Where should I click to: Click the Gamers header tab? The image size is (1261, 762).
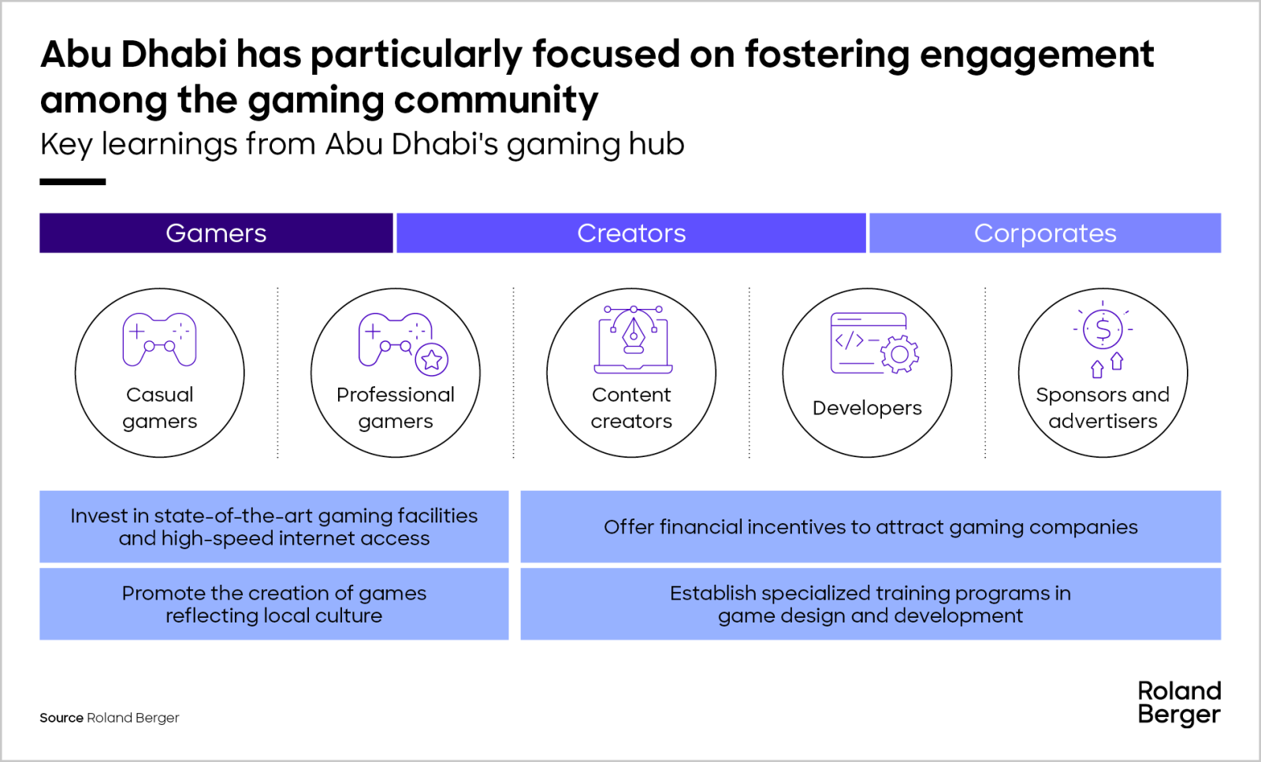coord(216,233)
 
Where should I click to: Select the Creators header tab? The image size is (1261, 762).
coord(631,233)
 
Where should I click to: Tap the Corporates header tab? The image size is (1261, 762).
coord(1045,233)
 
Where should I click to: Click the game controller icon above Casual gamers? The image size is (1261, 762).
coord(159,340)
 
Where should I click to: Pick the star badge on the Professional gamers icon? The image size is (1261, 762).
coord(432,359)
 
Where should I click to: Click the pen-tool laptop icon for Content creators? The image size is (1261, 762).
coord(634,340)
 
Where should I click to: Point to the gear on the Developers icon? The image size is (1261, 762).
coord(899,354)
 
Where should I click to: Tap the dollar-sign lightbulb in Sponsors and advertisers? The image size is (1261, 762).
coord(1103,329)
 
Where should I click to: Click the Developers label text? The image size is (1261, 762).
coord(867,407)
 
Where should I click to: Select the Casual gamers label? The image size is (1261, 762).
coord(160,408)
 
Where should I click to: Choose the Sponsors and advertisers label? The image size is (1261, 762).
coord(1103,408)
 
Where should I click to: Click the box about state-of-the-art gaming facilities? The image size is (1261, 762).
coord(274,526)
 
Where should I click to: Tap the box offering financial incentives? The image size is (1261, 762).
coord(871,526)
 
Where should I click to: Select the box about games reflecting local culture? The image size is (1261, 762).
coord(274,604)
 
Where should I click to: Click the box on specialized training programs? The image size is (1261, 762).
coord(871,604)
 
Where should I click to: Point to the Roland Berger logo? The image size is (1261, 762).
coord(1179,704)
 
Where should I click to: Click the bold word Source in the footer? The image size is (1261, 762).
coord(61,718)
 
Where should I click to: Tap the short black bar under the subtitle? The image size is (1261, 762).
coord(73,182)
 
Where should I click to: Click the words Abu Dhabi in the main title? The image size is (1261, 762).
coord(133,54)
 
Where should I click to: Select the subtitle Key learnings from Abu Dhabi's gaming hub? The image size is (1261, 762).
coord(362,145)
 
